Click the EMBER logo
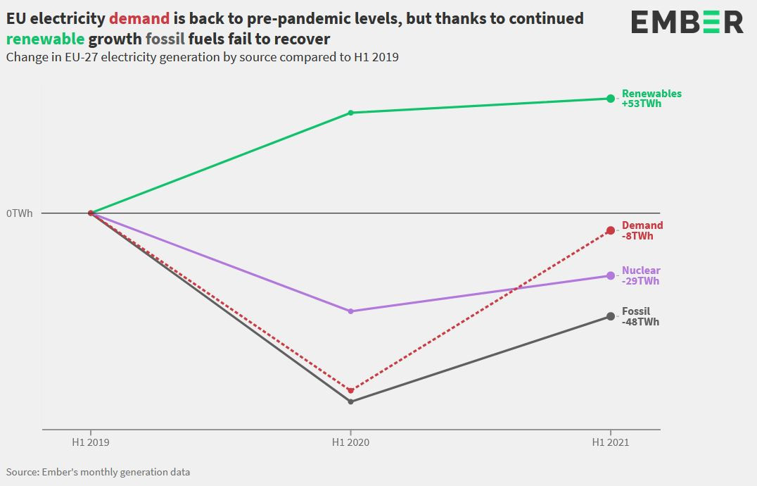(686, 22)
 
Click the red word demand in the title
(139, 19)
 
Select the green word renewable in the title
(45, 39)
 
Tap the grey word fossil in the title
(165, 39)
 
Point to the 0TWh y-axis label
(19, 213)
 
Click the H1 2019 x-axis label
(90, 443)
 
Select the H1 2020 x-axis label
(350, 443)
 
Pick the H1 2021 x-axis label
(611, 443)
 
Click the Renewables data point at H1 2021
(611, 99)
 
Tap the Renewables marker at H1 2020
(350, 113)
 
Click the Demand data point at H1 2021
(611, 230)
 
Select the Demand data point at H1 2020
(350, 390)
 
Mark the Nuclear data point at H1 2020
(350, 311)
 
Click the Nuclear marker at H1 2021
(611, 275)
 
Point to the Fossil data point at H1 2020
(350, 401)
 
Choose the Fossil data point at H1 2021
(611, 316)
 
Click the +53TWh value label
(641, 104)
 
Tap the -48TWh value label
(640, 322)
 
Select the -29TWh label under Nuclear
(640, 281)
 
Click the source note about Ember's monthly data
(98, 472)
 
